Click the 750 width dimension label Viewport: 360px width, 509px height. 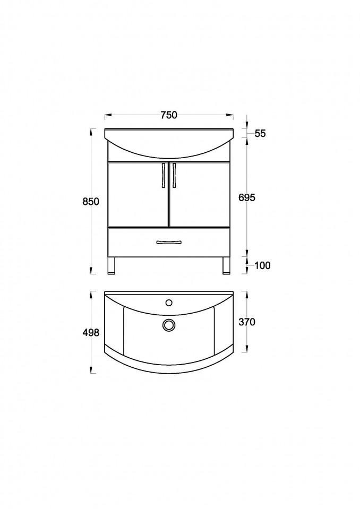[x=169, y=115]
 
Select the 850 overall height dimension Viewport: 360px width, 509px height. [x=90, y=202]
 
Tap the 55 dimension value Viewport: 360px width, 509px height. [x=260, y=134]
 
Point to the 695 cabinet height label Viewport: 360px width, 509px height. [x=247, y=197]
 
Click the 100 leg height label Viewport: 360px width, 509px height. [x=262, y=265]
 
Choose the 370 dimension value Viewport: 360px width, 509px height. [x=247, y=322]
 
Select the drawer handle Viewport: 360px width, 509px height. [x=169, y=243]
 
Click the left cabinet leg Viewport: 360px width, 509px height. [x=111, y=265]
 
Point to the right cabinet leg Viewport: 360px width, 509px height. [x=226, y=265]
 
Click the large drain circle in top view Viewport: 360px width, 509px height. [x=169, y=325]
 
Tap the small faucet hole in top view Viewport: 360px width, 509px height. [x=169, y=303]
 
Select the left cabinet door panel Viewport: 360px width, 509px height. [x=138, y=194]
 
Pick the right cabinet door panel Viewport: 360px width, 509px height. [x=200, y=194]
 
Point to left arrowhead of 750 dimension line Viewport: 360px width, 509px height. [x=107, y=115]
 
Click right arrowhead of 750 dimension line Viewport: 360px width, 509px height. [x=231, y=115]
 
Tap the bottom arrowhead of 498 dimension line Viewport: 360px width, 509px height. [x=92, y=372]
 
